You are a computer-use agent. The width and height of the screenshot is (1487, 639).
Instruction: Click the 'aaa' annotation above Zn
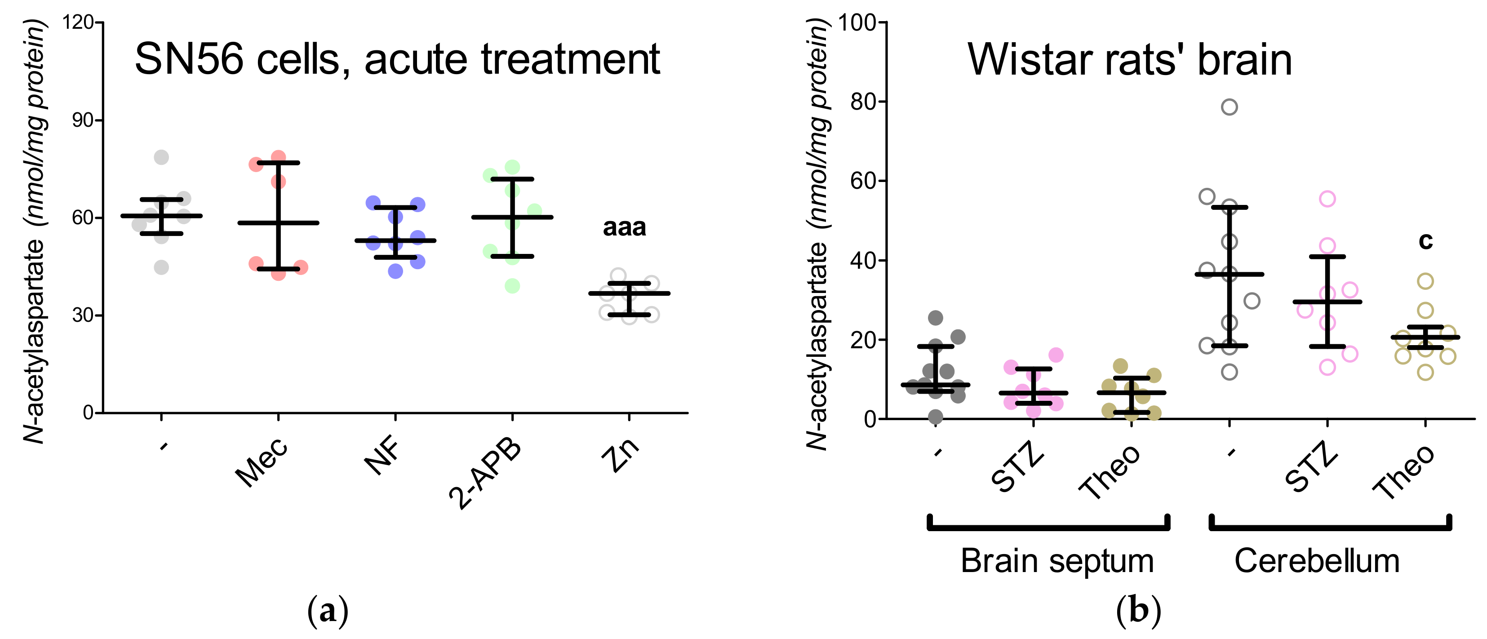tap(624, 228)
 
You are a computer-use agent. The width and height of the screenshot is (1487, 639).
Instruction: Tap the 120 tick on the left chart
tap(78, 22)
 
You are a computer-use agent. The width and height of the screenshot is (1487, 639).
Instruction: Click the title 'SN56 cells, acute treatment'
tap(397, 59)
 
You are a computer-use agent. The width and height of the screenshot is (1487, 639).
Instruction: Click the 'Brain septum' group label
tap(1057, 560)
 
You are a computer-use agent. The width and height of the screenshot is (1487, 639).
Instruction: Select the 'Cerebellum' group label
tap(1317, 560)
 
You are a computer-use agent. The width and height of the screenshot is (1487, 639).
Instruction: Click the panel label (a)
tap(328, 611)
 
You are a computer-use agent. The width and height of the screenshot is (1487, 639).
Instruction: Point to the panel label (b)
tap(1138, 611)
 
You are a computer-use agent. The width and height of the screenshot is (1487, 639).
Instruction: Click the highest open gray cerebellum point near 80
tap(1230, 107)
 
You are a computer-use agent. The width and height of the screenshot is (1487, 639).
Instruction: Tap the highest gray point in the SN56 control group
tap(162, 157)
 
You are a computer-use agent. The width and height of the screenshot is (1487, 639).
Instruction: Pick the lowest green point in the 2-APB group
tap(512, 286)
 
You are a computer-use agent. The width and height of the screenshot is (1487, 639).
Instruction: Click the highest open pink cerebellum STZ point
tap(1327, 199)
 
